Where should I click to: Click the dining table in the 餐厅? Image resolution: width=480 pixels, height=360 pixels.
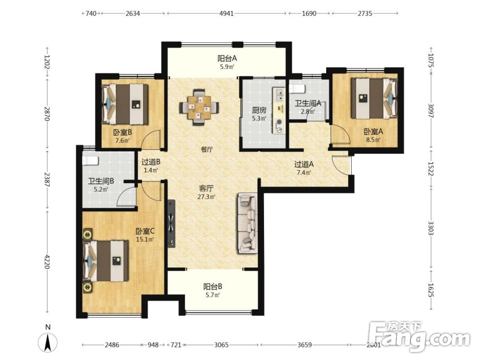[199, 107]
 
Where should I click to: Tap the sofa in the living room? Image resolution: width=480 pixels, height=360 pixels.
[247, 223]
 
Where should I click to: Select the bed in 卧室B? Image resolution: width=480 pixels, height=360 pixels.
[125, 104]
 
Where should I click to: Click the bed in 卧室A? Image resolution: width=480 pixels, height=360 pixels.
[374, 98]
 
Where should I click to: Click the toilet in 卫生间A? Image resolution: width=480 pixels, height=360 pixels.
[297, 89]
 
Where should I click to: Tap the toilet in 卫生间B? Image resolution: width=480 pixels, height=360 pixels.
[90, 161]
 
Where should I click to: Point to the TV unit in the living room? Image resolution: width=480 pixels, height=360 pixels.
[171, 223]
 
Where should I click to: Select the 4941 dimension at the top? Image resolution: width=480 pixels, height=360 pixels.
[227, 14]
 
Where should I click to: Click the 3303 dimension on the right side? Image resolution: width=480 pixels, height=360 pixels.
[431, 228]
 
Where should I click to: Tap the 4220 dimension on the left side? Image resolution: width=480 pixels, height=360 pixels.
[47, 261]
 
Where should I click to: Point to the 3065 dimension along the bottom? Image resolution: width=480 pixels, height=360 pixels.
[221, 345]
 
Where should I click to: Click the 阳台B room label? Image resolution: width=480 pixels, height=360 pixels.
[213, 287]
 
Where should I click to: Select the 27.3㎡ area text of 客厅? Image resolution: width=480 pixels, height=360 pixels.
[206, 197]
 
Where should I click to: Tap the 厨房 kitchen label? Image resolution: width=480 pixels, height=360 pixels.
[259, 110]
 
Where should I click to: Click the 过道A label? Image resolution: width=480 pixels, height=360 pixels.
[304, 164]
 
